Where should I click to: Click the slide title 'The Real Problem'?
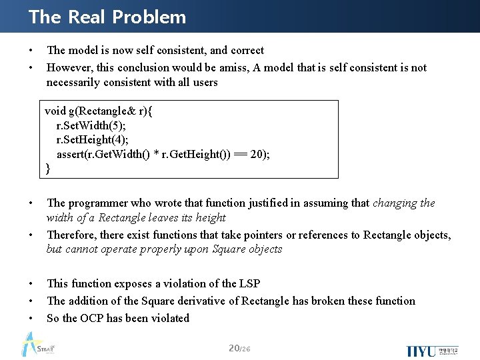[107, 17]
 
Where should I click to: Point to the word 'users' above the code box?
[205, 82]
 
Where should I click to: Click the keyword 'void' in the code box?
[55, 111]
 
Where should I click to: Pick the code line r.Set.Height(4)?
[93, 139]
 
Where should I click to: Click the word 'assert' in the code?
[69, 154]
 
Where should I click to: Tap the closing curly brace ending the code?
[48, 168]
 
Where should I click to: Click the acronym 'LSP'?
[247, 283]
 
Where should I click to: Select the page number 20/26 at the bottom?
[239, 349]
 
